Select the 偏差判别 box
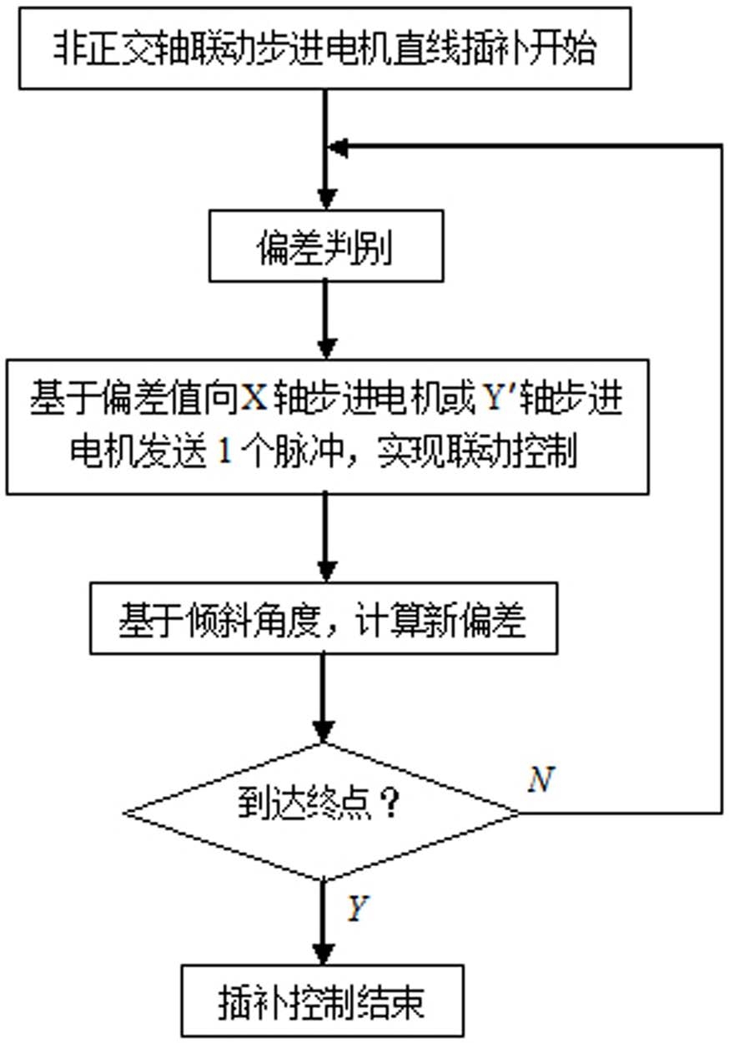(x=324, y=248)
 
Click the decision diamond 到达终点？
(x=322, y=810)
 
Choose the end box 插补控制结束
(x=322, y=1002)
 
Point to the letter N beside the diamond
(x=540, y=780)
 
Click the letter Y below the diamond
(x=357, y=909)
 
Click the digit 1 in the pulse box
(x=223, y=455)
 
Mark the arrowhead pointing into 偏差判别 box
(x=326, y=200)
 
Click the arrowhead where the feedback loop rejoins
(x=339, y=148)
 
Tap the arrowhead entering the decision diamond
(x=324, y=731)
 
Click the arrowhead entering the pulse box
(x=325, y=347)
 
